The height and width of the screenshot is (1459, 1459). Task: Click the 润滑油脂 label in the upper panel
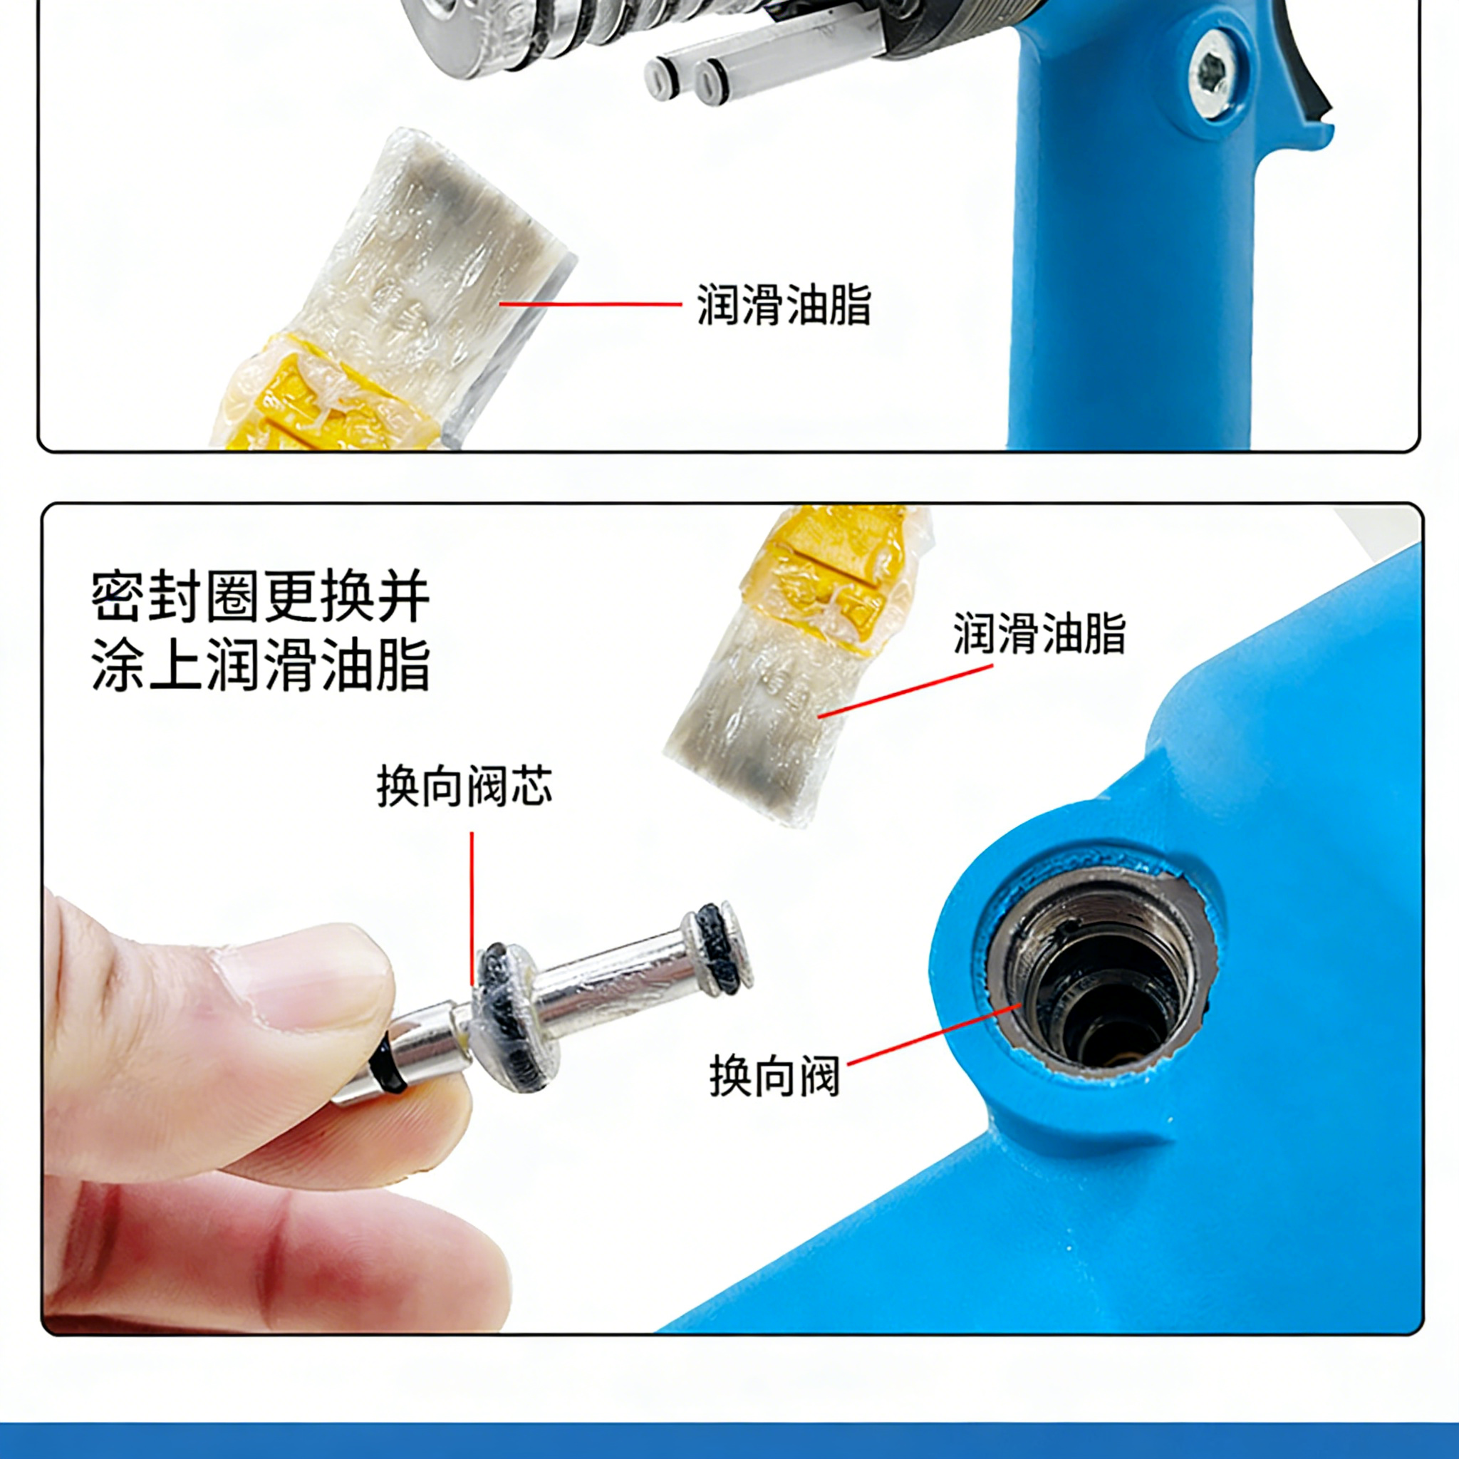point(783,304)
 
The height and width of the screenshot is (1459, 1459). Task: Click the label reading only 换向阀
point(775,1075)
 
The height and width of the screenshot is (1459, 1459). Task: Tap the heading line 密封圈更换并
point(261,596)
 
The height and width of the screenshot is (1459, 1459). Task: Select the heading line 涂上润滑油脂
point(261,665)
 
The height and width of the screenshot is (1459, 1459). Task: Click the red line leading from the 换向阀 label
point(935,1034)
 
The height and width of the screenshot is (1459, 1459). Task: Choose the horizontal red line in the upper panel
point(591,304)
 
